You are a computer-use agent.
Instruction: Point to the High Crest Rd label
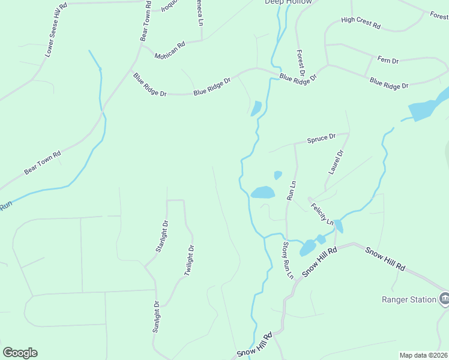tap(361, 23)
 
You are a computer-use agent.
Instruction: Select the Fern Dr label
tap(388, 60)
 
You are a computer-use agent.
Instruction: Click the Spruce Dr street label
tap(321, 139)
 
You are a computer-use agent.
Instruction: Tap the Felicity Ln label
tap(322, 214)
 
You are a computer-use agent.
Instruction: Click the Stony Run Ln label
tap(288, 260)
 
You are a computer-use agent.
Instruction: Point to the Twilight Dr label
tap(188, 260)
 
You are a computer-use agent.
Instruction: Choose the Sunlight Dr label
tap(156, 316)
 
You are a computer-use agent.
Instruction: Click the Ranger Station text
tap(409, 299)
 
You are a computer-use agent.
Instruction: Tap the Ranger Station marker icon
tap(444, 298)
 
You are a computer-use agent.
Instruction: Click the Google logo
tap(20, 353)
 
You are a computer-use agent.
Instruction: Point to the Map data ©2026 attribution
tap(423, 355)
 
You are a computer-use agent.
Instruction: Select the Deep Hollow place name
tap(289, 2)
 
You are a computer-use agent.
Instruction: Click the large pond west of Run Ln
tap(262, 193)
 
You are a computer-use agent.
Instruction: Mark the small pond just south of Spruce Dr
tap(278, 175)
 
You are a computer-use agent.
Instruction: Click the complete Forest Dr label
tap(301, 62)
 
